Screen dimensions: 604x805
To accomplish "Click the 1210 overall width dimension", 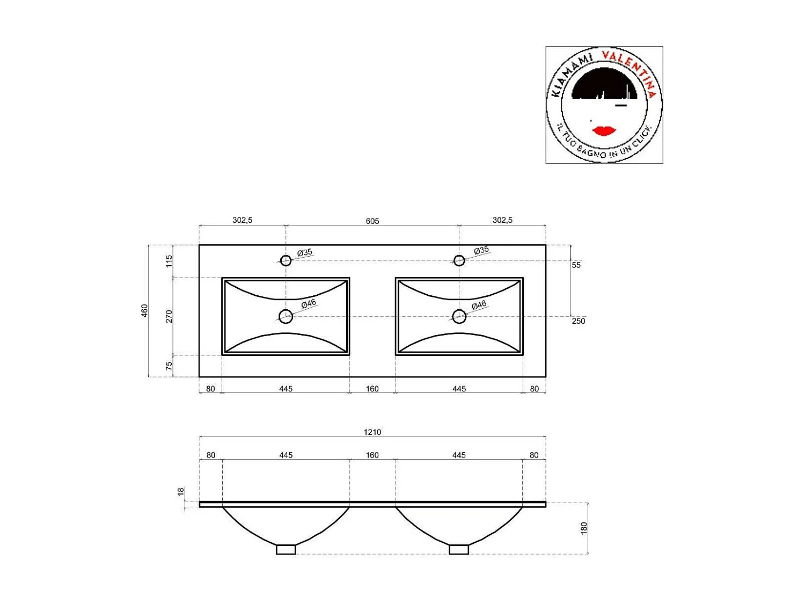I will pyautogui.click(x=372, y=432).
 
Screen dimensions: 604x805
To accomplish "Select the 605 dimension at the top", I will pyautogui.click(x=372, y=221).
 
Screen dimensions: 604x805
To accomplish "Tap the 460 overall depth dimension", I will pyautogui.click(x=144, y=310).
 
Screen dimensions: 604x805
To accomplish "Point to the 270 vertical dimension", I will pyautogui.click(x=169, y=316).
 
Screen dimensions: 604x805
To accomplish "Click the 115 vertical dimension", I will pyautogui.click(x=169, y=261).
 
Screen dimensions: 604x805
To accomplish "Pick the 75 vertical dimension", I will pyautogui.click(x=169, y=366).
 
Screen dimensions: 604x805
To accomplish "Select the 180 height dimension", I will pyautogui.click(x=584, y=528).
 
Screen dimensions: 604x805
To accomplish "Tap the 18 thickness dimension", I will pyautogui.click(x=181, y=491).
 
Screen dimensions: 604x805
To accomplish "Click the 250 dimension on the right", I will pyautogui.click(x=578, y=321).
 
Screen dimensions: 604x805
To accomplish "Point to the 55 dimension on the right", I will pyautogui.click(x=576, y=265).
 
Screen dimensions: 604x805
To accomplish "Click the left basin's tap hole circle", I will pyautogui.click(x=286, y=260).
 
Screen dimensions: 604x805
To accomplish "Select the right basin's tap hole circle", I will pyautogui.click(x=459, y=260).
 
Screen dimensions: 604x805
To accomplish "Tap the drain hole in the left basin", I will pyautogui.click(x=286, y=316).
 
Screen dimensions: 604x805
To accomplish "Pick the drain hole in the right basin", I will pyautogui.click(x=459, y=316).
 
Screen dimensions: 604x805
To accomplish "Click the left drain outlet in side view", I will pyautogui.click(x=286, y=549).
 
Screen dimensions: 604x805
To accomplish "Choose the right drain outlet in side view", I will pyautogui.click(x=459, y=549).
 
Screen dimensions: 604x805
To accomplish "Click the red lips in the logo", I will pyautogui.click(x=604, y=130).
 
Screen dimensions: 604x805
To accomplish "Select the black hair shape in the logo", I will pyautogui.click(x=604, y=86).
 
